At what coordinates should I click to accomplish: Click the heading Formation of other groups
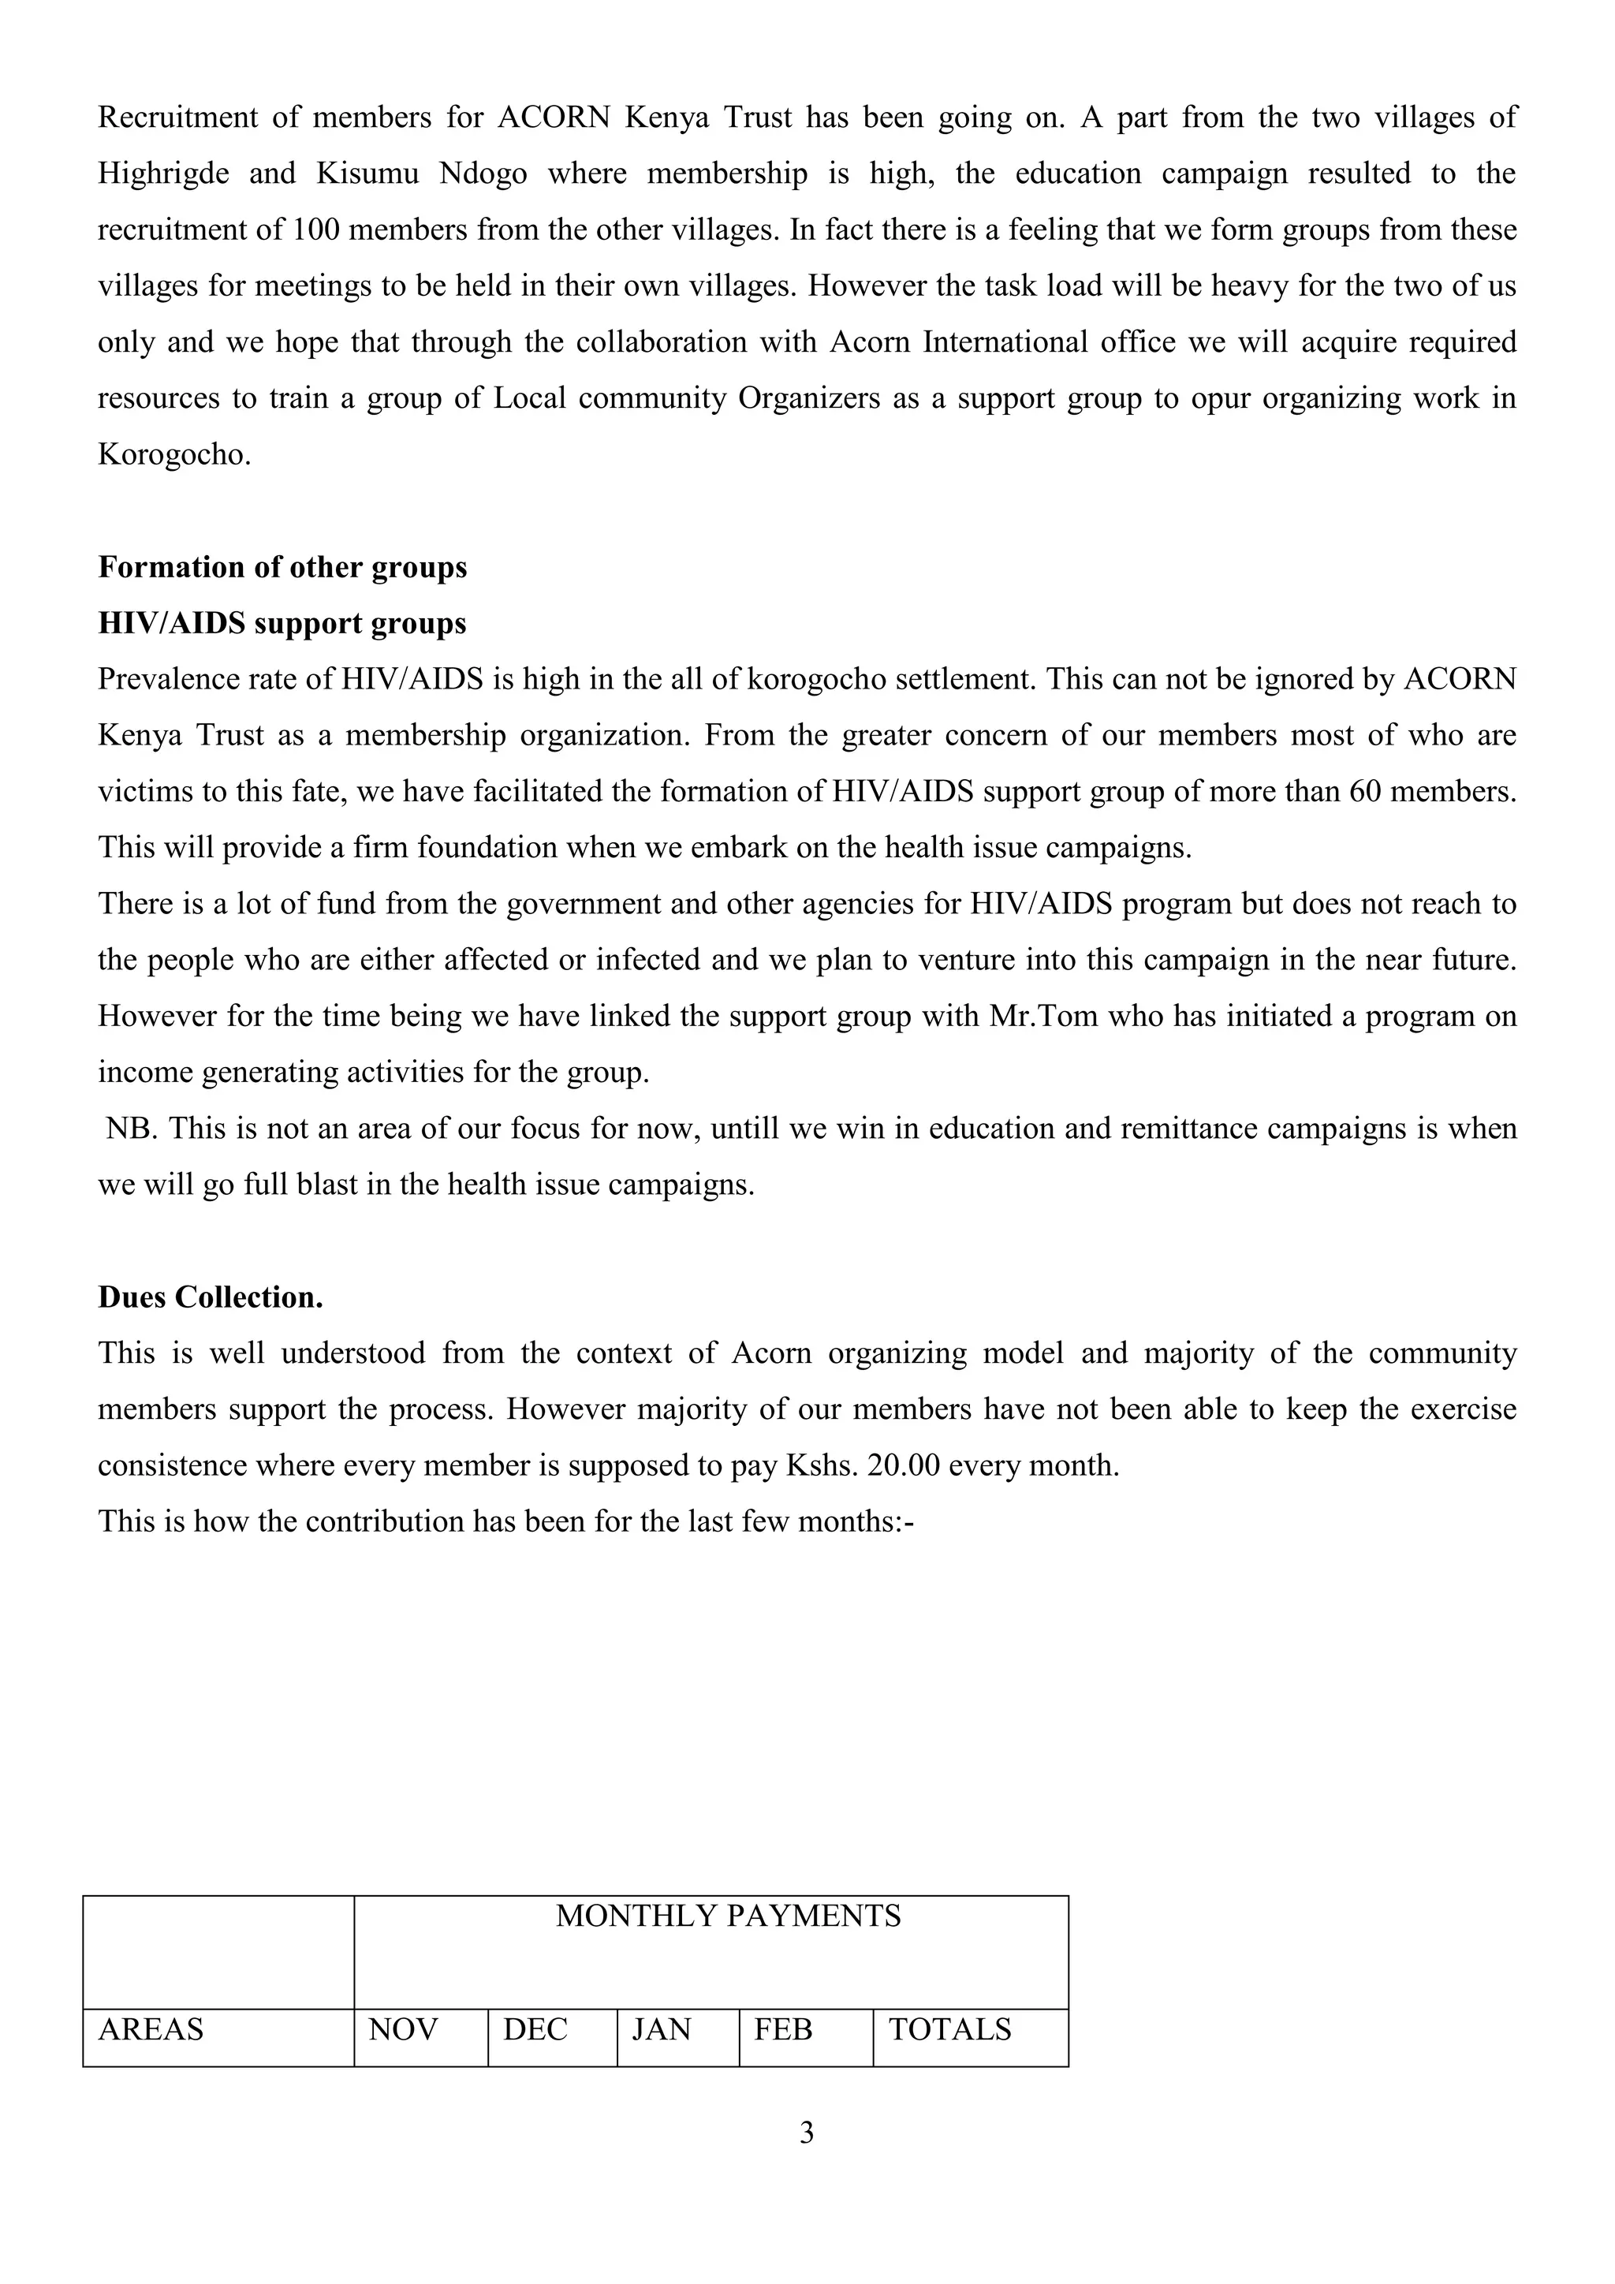coord(282,567)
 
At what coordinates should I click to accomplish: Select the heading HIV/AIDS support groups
coord(282,624)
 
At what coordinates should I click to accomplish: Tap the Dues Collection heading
coord(210,1297)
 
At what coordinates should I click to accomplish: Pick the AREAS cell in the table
coord(151,2029)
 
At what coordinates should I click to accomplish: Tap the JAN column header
coord(662,2029)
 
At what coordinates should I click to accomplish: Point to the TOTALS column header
coord(949,2029)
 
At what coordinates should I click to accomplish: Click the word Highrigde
coord(164,174)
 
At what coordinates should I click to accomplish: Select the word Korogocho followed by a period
coord(174,454)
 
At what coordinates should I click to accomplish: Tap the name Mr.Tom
coord(1043,1017)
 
